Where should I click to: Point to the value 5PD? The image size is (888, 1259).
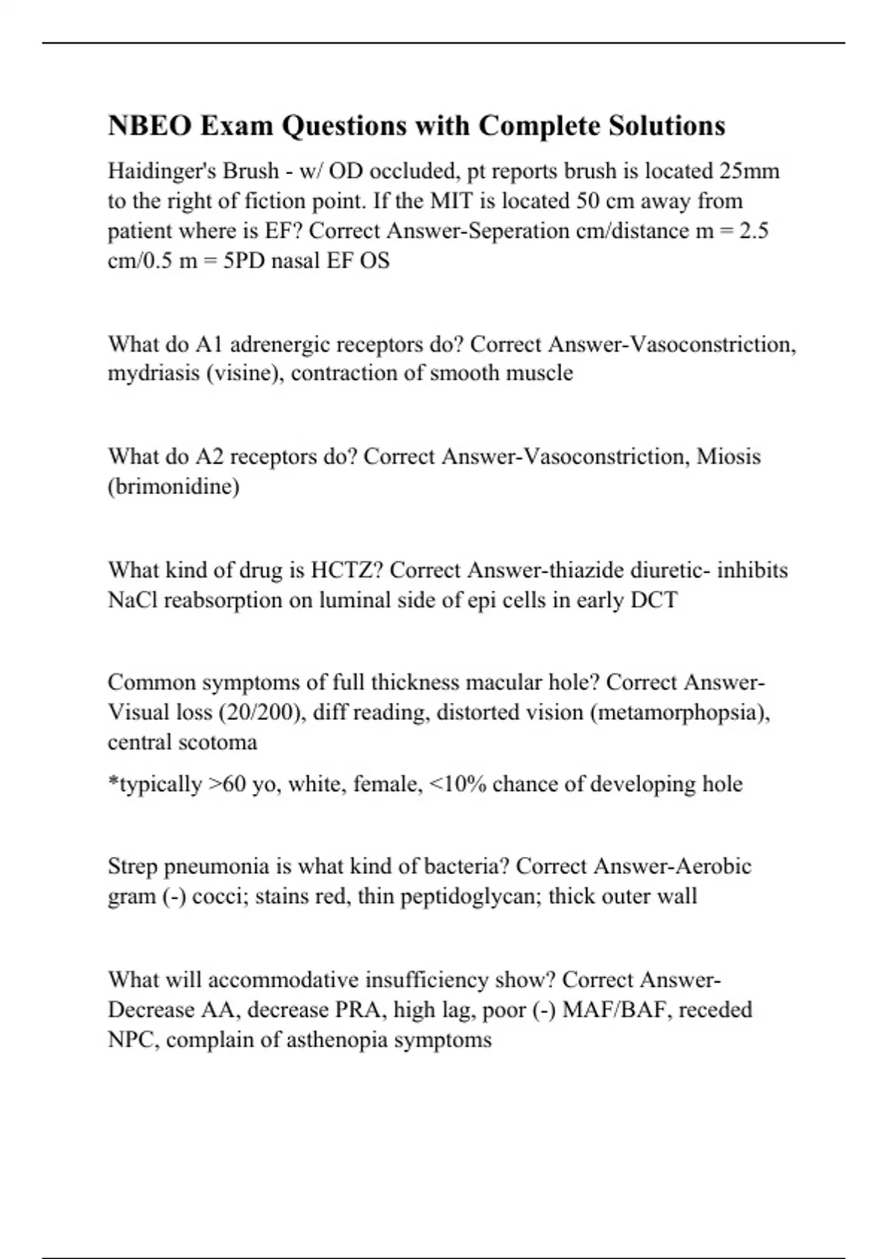coord(244,261)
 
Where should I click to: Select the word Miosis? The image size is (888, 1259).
coord(728,456)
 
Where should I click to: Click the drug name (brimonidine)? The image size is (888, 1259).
coord(174,487)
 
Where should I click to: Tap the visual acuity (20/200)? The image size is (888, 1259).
coord(262,712)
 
